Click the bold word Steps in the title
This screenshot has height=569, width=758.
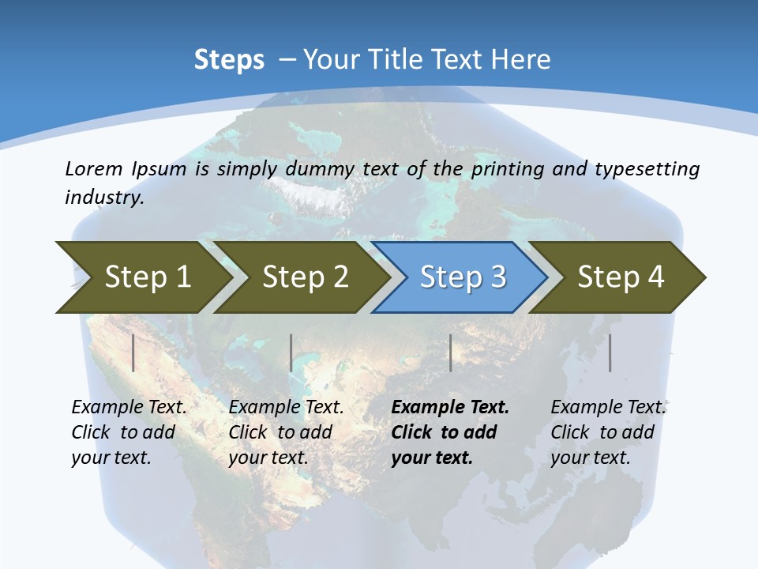(x=229, y=60)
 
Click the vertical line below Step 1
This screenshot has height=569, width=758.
(x=133, y=352)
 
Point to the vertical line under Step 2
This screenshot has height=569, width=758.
(x=291, y=352)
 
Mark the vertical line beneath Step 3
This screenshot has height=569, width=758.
(x=450, y=352)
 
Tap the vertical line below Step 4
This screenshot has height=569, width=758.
(x=610, y=352)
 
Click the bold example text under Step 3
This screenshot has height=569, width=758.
(x=450, y=432)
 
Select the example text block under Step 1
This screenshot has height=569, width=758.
(x=129, y=432)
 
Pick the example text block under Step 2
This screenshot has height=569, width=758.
(x=286, y=432)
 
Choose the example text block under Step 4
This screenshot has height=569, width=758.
(x=607, y=432)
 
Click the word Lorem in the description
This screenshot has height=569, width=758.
(x=94, y=168)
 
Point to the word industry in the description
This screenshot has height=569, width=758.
(x=104, y=198)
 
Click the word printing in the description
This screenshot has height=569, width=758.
(x=508, y=169)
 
